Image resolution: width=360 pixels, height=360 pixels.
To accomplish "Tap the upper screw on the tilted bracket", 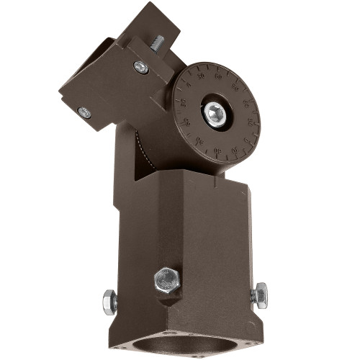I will pyautogui.click(x=140, y=67).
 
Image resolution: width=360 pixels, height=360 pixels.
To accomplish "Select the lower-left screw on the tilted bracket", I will pyautogui.click(x=85, y=112).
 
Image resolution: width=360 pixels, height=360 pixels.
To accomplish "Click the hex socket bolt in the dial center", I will pyautogui.click(x=214, y=112).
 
